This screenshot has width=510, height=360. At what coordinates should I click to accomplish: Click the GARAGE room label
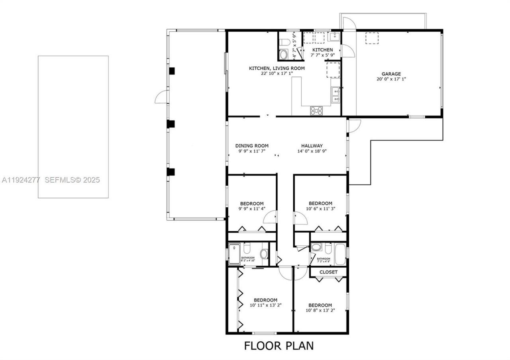pos(391,74)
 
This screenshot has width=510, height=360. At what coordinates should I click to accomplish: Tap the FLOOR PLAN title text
pos(279,346)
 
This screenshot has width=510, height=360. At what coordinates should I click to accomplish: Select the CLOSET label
pos(328,272)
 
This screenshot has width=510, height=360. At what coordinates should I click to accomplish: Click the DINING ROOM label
pos(252,146)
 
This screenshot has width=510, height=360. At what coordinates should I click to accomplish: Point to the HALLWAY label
pos(312,146)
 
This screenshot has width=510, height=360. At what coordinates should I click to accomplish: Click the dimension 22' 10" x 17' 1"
pos(271,73)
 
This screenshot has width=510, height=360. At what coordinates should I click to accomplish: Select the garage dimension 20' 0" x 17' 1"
pos(391,79)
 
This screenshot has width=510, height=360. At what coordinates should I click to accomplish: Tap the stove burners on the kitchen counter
pos(316,110)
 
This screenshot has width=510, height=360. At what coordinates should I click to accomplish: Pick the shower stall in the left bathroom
pos(234,254)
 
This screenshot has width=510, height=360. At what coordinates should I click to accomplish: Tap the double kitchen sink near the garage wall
pos(336,95)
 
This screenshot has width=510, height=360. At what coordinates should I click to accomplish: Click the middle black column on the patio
pos(171,124)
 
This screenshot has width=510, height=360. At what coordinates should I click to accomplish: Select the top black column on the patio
pos(172,71)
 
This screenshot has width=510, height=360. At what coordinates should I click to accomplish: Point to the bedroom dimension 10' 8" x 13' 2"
pos(320,310)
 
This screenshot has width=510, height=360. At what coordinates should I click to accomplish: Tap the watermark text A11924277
pos(21,180)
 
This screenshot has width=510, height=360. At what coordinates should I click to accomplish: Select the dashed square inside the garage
pos(372,38)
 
